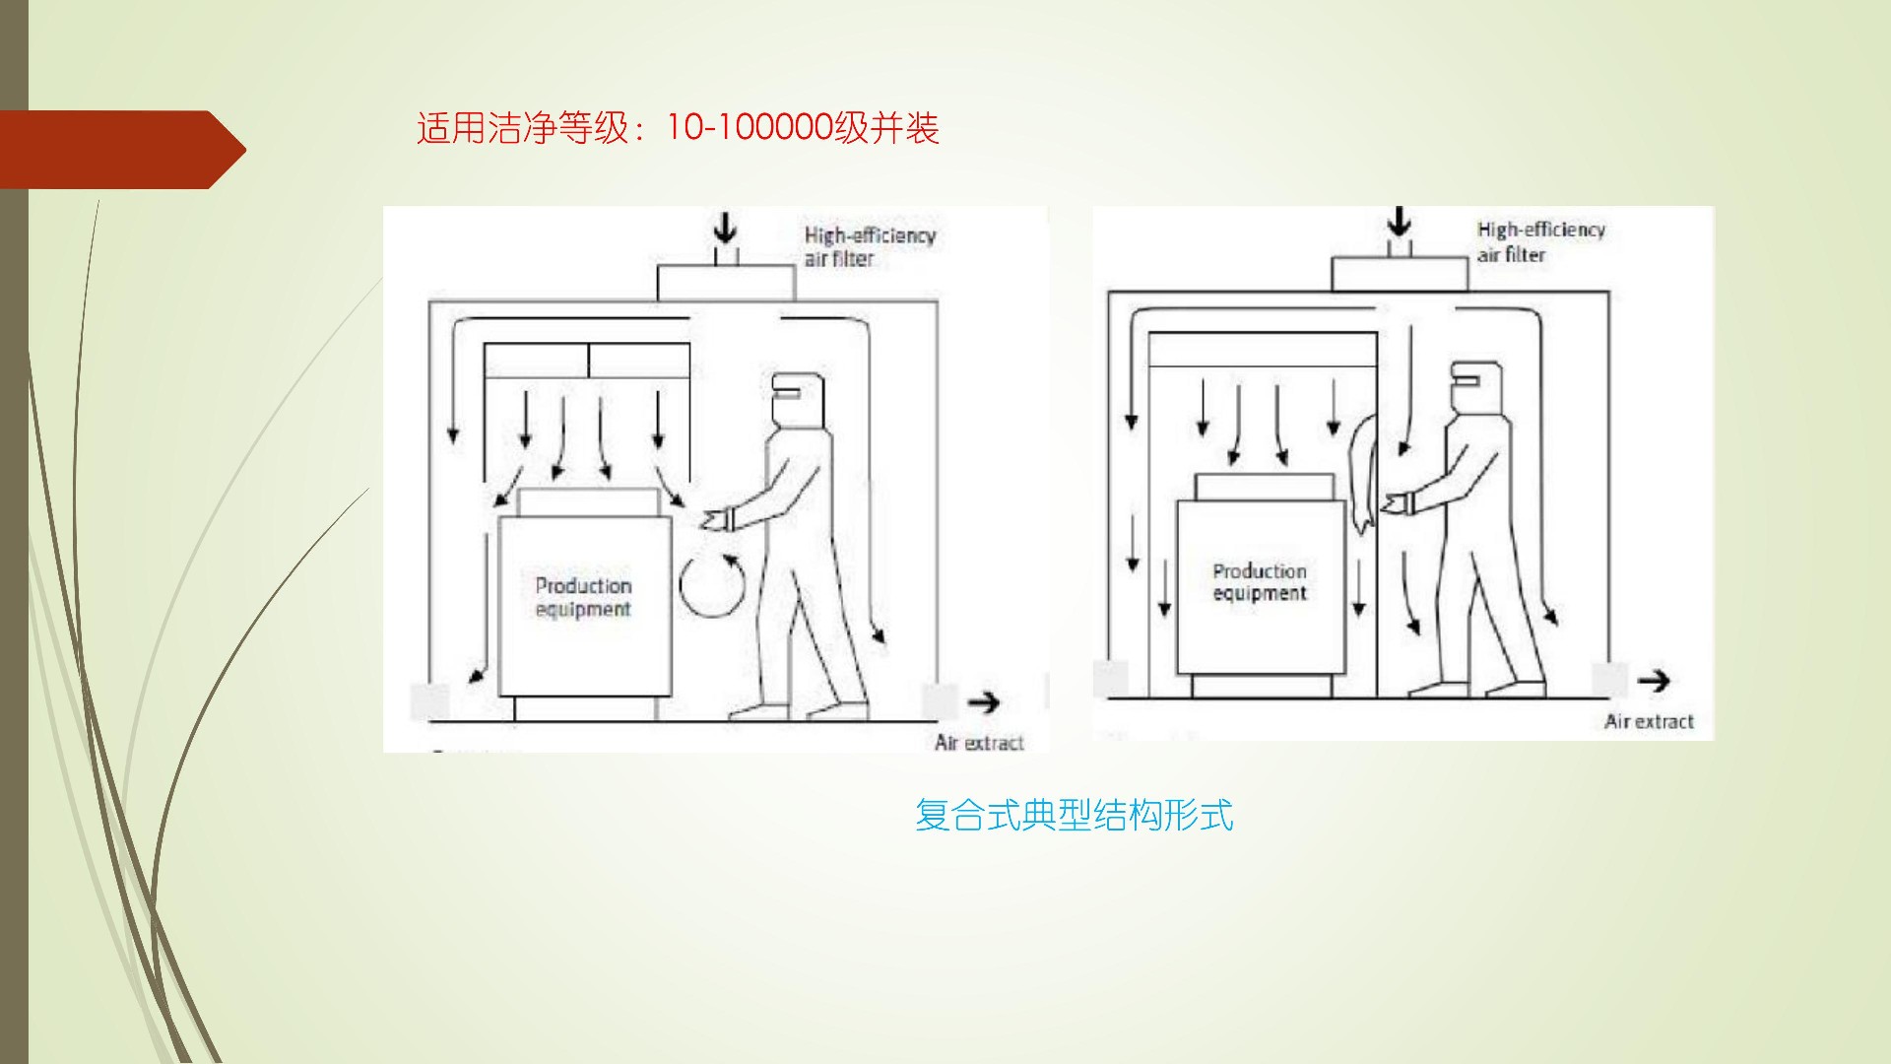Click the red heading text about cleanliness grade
pos(678,128)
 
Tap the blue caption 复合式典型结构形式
pos(1074,815)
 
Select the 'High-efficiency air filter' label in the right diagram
pos(1540,241)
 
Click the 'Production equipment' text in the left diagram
pos(583,597)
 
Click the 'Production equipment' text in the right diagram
pos(1260,582)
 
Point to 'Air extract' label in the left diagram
pos(979,742)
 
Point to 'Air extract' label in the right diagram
pos(1649,721)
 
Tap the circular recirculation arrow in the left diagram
pos(712,586)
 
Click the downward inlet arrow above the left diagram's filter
pos(725,229)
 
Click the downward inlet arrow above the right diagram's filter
pos(1399,222)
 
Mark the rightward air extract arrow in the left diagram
pos(983,702)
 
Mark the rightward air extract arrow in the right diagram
pos(1654,680)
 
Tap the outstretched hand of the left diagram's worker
pos(716,518)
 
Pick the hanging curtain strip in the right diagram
pos(1364,473)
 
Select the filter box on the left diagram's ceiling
pos(725,283)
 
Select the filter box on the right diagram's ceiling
pos(1399,274)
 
